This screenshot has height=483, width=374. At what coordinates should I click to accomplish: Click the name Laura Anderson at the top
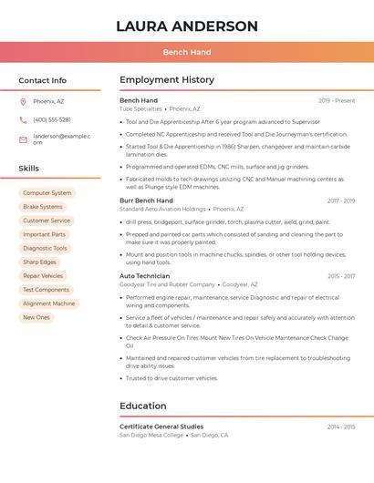pos(187,26)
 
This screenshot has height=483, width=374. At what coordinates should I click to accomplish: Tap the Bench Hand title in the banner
pos(186,52)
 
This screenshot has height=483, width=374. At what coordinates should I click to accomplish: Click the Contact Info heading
pos(42,80)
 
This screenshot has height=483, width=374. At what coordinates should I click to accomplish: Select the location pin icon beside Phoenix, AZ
pos(23,101)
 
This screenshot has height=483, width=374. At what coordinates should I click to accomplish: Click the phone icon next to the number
pos(23,119)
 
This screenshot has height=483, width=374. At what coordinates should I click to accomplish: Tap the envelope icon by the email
pos(23,139)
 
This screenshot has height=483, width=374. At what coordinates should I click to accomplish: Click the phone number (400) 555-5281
pos(52,119)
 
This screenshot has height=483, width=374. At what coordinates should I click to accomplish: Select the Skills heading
pos(29,169)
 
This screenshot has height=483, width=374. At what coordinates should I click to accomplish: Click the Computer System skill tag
pos(47,193)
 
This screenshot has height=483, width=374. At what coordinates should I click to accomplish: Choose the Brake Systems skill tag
pos(43,207)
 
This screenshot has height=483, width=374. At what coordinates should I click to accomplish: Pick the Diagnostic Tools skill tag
pos(45,248)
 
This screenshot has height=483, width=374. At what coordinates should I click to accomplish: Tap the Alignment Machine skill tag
pos(49,303)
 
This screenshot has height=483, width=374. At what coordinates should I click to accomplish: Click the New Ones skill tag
pos(36,317)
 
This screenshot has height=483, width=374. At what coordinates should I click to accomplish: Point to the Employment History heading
pos(167,80)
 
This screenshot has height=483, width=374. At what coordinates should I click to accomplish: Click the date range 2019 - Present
pos(337,100)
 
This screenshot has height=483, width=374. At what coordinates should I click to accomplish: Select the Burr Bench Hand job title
pos(146,200)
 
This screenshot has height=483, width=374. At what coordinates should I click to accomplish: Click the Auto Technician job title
pos(144,276)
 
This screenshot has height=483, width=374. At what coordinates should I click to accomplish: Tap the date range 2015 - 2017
pos(341,276)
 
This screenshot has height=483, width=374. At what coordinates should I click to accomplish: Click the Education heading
pos(143,406)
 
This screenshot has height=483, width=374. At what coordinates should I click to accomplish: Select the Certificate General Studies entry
pos(161,426)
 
